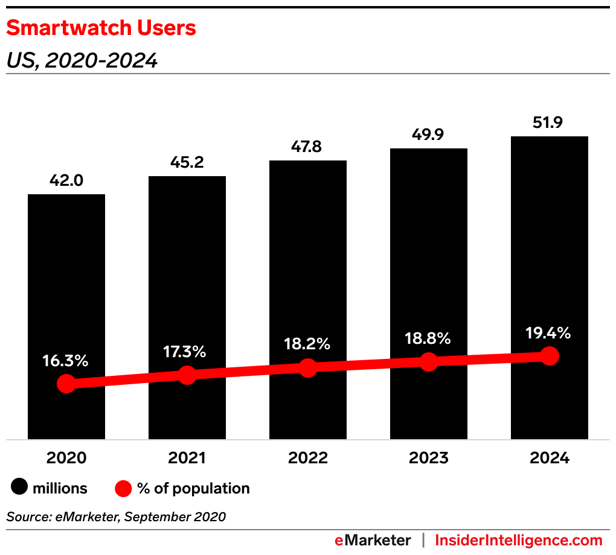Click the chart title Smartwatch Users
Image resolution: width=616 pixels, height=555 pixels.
click(101, 28)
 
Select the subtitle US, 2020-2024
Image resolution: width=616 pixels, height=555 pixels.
click(82, 60)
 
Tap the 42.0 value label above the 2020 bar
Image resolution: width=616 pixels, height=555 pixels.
click(66, 181)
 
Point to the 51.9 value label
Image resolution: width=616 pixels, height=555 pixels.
click(549, 123)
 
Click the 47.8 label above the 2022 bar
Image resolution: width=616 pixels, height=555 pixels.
click(307, 147)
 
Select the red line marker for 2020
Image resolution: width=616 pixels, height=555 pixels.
click(66, 384)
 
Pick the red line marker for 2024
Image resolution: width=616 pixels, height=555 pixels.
click(549, 356)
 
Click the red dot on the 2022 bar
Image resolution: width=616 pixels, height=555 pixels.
click(307, 368)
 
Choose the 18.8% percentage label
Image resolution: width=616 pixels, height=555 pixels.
click(428, 338)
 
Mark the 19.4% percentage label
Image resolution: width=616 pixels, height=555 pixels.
click(548, 332)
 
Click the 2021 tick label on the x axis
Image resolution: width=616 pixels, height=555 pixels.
click(187, 458)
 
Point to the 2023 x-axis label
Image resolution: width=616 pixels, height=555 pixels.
click(428, 458)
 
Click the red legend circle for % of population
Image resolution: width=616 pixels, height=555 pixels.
click(123, 487)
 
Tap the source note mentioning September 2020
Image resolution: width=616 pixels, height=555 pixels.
click(116, 516)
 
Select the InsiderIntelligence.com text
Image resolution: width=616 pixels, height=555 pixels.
click(519, 540)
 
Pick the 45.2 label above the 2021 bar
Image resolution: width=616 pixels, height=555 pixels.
click(187, 163)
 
